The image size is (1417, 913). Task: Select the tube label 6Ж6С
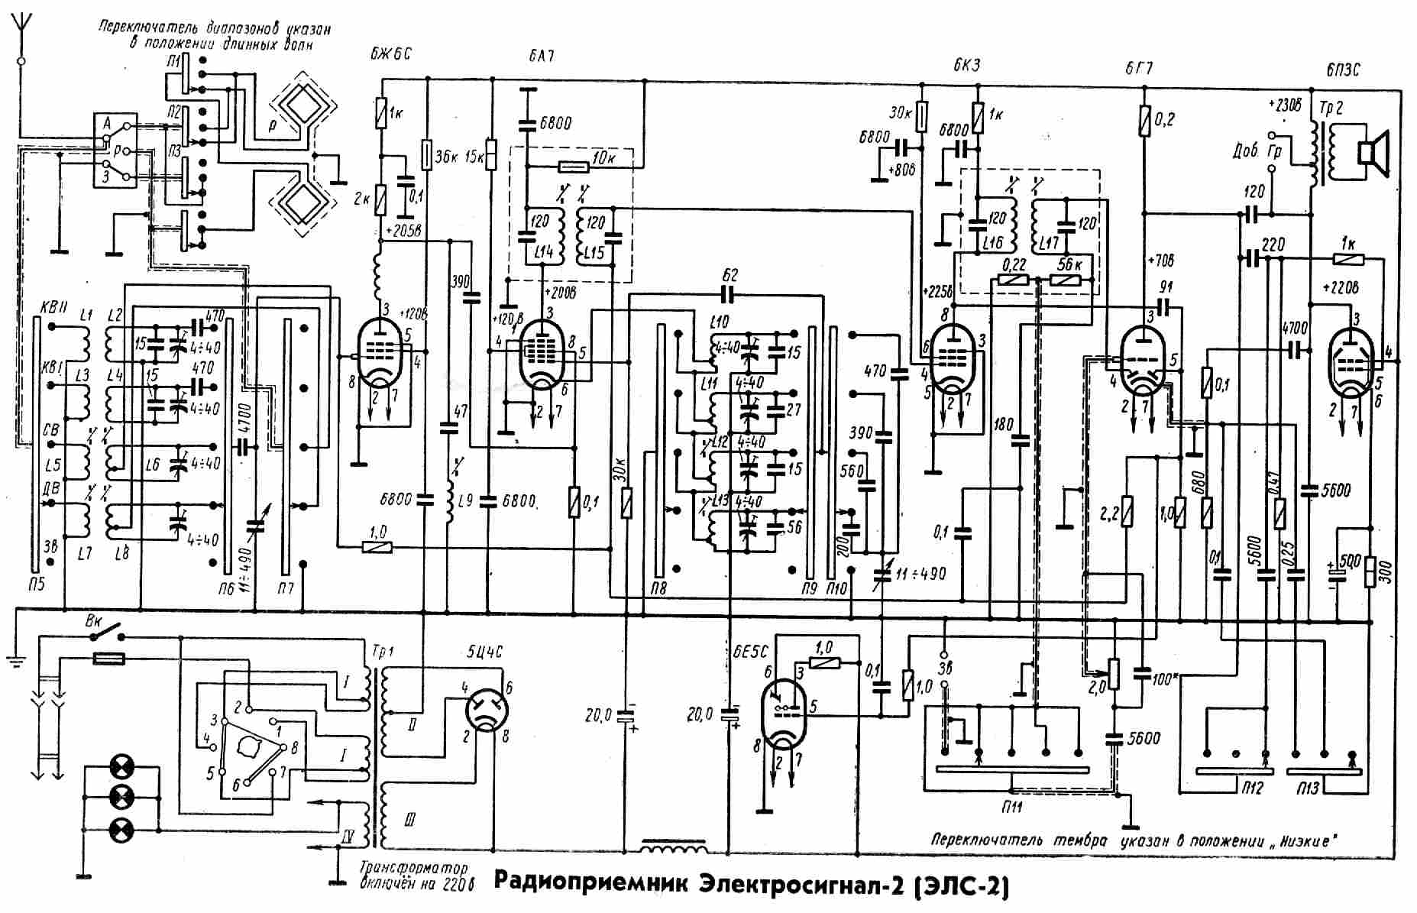pyautogui.click(x=390, y=53)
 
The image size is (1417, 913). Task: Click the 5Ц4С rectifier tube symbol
pyautogui.click(x=487, y=709)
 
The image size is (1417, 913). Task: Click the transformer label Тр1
pyautogui.click(x=380, y=656)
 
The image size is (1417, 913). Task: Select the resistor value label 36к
pyautogui.click(x=445, y=157)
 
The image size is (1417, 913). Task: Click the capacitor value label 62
pyautogui.click(x=729, y=275)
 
